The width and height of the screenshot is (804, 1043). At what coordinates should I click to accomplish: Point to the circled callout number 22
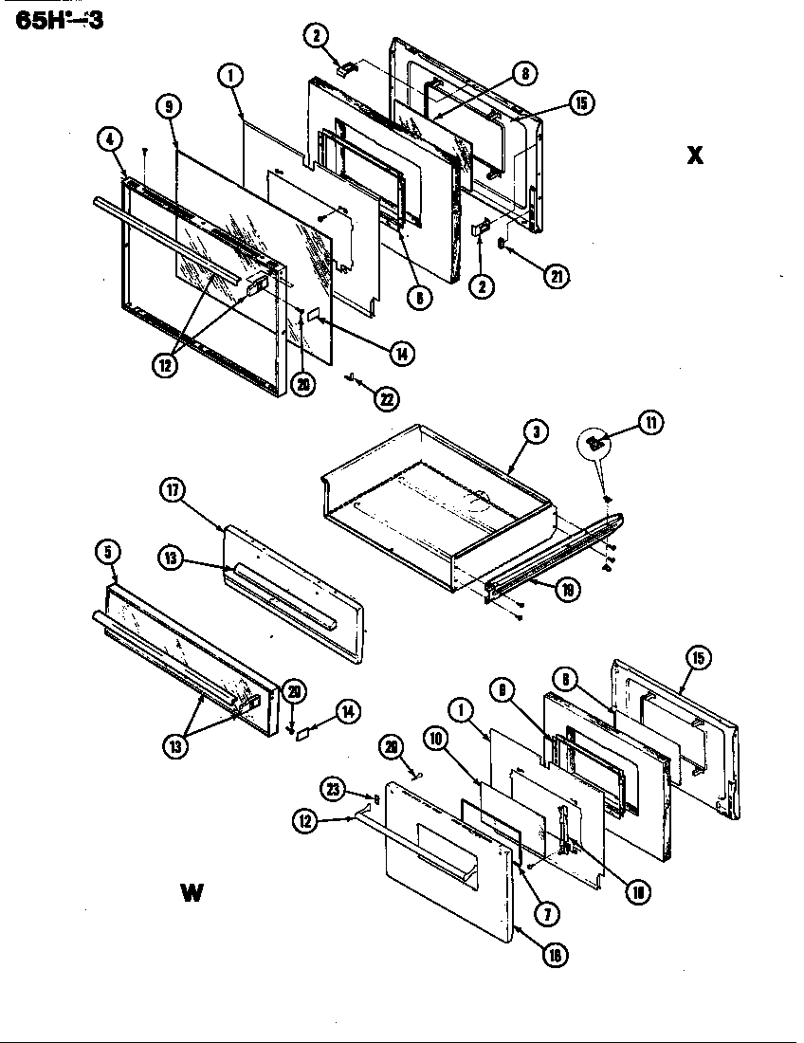click(x=385, y=398)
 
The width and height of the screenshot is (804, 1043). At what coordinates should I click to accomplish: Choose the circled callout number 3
click(x=536, y=431)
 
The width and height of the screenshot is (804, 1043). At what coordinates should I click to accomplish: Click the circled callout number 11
click(x=650, y=424)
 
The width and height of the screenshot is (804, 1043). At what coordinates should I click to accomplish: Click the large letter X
click(x=695, y=156)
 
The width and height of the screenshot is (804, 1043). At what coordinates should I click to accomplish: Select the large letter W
click(x=191, y=894)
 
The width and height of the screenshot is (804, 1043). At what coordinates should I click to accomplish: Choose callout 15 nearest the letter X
click(x=579, y=103)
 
